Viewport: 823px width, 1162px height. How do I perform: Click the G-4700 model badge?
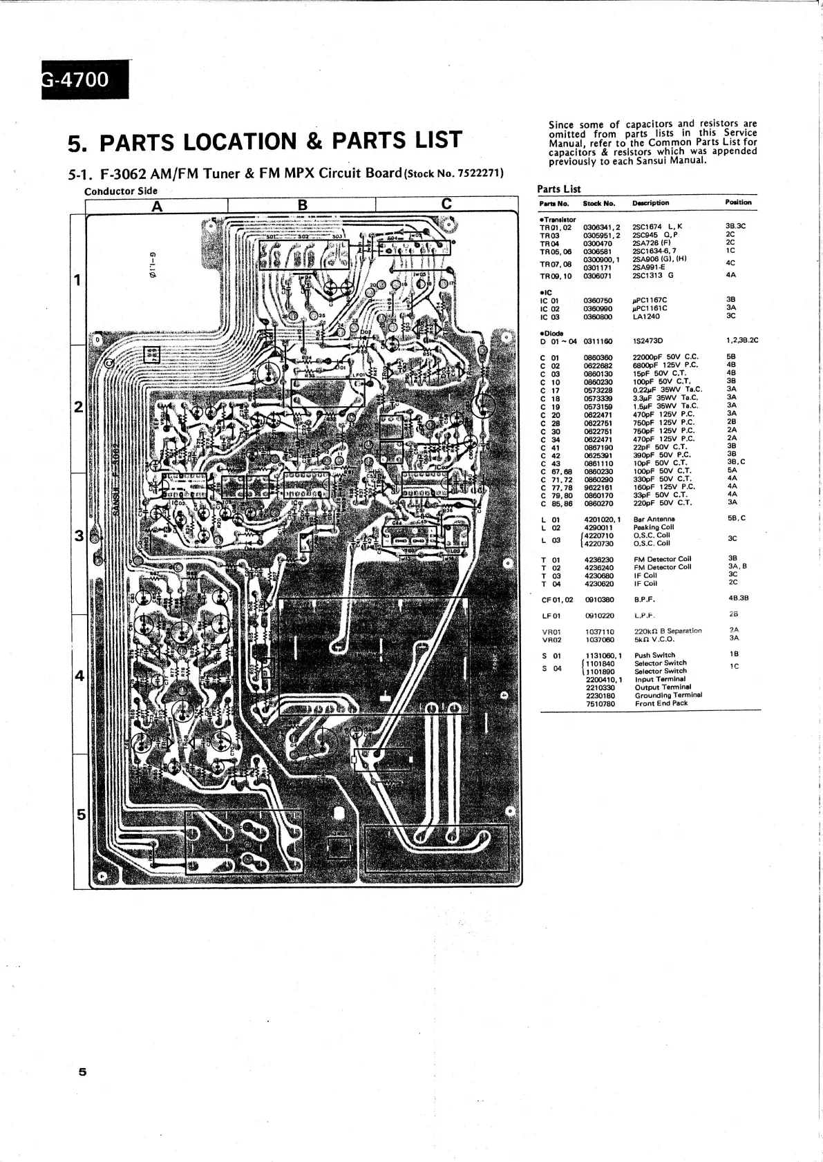[x=76, y=80]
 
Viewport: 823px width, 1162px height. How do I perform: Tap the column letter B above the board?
[x=302, y=204]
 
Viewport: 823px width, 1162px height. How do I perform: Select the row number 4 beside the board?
[x=79, y=676]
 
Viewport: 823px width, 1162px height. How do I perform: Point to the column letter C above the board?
[x=446, y=204]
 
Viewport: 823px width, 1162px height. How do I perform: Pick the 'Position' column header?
[x=738, y=202]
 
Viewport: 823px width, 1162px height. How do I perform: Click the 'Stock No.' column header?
[x=598, y=203]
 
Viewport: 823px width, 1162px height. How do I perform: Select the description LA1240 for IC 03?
[x=646, y=316]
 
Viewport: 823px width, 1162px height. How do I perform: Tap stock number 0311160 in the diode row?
[x=598, y=341]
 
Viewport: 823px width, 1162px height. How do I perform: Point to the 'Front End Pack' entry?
[x=661, y=704]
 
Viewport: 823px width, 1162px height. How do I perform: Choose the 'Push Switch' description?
[x=655, y=655]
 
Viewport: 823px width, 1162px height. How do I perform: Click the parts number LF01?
[x=551, y=615]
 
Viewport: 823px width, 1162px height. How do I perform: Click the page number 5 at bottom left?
[x=82, y=1072]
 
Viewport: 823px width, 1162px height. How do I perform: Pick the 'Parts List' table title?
[x=558, y=189]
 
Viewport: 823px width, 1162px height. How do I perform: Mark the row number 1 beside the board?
[x=78, y=280]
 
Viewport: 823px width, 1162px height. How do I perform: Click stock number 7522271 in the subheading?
[x=477, y=173]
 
